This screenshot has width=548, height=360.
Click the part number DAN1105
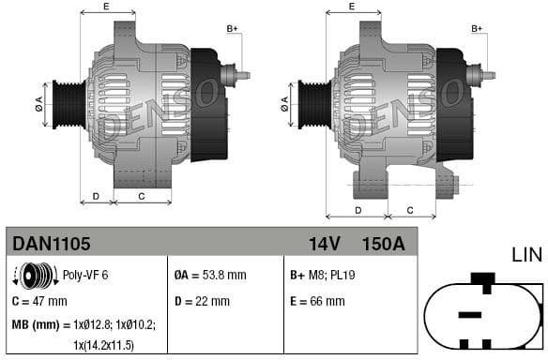click(52, 244)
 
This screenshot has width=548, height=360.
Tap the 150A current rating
click(383, 244)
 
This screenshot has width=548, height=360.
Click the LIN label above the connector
click(527, 254)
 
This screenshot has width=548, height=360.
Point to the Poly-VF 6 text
click(85, 276)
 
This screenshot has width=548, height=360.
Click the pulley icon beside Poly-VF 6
click(34, 276)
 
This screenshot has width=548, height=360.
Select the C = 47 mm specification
click(39, 301)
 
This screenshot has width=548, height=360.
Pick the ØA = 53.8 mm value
click(210, 276)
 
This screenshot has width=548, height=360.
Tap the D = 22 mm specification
click(202, 301)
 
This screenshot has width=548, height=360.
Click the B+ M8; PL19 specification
click(323, 276)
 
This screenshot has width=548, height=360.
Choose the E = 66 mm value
click(318, 301)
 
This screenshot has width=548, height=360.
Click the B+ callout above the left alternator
click(232, 29)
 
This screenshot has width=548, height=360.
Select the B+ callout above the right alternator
click(477, 29)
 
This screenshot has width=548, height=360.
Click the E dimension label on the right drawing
click(351, 7)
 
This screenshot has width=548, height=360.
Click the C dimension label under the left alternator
click(141, 196)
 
